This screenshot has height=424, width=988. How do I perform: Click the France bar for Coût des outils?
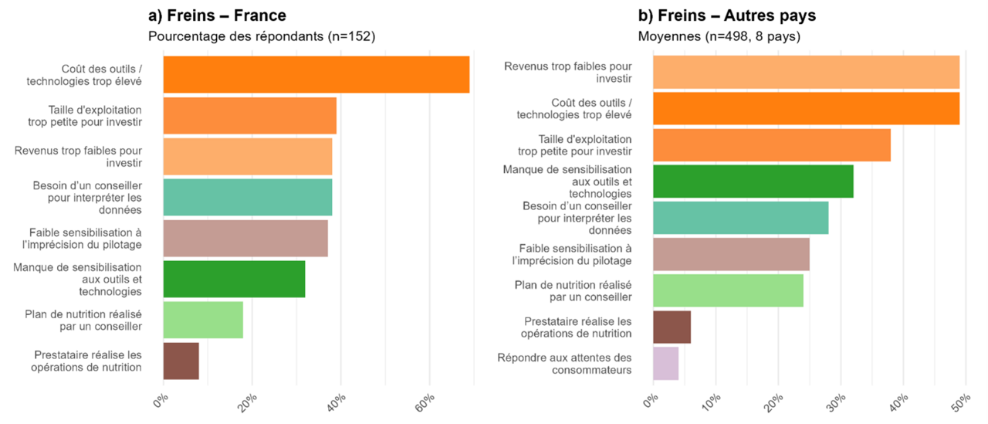316,75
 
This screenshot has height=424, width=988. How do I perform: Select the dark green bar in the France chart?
234,279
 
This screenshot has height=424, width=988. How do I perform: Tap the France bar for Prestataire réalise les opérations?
181,361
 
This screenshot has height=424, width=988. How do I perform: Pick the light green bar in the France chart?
203,320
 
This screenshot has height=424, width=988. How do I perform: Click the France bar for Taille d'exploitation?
250,116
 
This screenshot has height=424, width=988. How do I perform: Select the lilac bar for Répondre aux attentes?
666,364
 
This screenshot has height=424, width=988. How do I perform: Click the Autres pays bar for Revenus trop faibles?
807,73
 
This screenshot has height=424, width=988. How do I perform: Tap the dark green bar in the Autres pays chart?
753,181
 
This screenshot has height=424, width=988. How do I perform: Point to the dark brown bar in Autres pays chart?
672,327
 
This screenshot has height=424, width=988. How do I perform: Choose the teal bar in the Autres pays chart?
741,218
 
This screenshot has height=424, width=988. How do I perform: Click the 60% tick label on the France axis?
425,403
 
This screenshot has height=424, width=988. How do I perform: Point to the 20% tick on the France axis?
248,403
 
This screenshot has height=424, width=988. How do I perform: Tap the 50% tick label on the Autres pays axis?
962,403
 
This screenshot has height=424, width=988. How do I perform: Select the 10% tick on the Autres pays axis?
712,403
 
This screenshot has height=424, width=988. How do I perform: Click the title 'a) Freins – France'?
218,15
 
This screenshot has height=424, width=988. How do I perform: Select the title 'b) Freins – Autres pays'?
727,15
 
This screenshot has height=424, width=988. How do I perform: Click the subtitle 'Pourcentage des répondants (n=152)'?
262,36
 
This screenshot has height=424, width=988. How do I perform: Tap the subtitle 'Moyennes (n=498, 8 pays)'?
719,36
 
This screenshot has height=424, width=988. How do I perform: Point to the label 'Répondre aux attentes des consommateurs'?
564,364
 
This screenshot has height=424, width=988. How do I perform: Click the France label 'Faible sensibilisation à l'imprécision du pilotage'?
82,239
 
